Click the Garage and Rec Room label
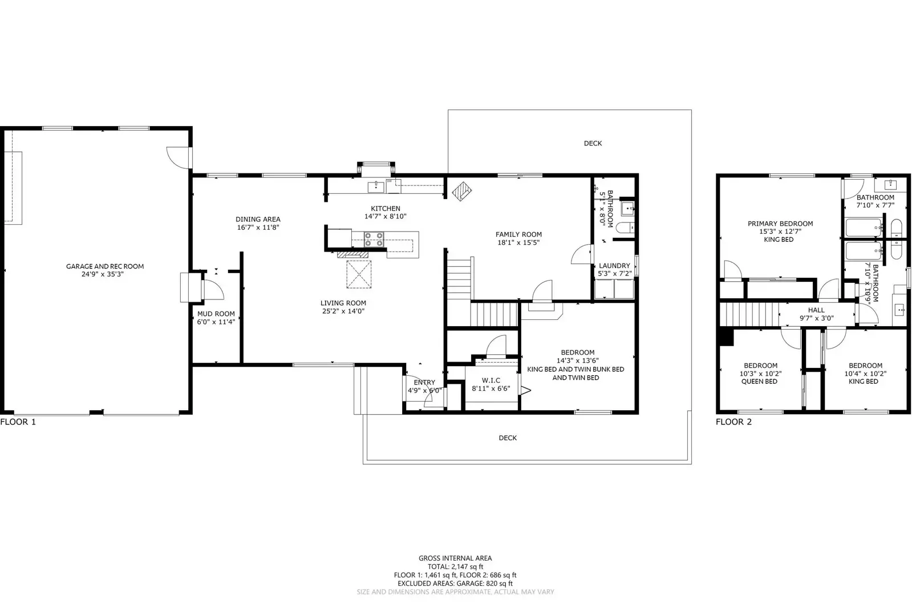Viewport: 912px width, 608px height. click(x=105, y=266)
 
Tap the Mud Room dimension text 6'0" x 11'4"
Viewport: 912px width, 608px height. click(x=216, y=322)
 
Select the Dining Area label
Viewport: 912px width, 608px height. click(x=258, y=219)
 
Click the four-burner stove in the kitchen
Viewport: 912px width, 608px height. click(x=374, y=239)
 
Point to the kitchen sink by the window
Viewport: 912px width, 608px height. click(x=376, y=185)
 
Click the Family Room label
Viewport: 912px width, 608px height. click(x=518, y=234)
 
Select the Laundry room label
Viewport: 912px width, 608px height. click(x=614, y=266)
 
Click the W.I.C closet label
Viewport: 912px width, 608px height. click(x=491, y=380)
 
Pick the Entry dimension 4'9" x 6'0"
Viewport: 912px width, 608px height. click(x=424, y=391)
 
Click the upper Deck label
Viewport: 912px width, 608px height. click(x=593, y=143)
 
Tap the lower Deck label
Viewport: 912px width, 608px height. click(x=508, y=438)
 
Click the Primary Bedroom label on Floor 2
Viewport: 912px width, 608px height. click(x=780, y=224)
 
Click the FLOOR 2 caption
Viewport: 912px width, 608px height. click(x=733, y=422)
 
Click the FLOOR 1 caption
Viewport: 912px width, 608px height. click(x=18, y=422)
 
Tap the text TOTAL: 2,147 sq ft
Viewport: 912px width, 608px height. click(x=455, y=567)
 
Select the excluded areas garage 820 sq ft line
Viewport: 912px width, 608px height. click(x=455, y=583)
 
